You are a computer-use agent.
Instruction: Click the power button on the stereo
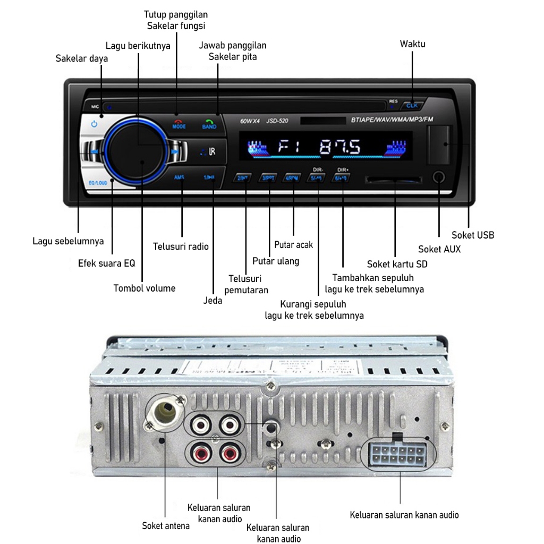(94, 124)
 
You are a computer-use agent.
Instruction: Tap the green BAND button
(209, 125)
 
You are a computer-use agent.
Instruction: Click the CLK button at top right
(412, 105)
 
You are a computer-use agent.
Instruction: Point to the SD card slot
(394, 179)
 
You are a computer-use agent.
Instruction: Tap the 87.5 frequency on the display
(340, 147)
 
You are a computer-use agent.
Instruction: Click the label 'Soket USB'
(473, 235)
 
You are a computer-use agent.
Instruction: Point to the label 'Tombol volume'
(144, 288)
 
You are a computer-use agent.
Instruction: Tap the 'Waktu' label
(413, 44)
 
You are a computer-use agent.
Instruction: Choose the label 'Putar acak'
(294, 245)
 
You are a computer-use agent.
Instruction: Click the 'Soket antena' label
(166, 526)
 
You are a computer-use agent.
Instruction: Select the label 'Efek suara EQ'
(107, 263)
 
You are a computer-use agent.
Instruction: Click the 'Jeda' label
(213, 301)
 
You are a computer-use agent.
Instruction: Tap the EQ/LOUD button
(97, 183)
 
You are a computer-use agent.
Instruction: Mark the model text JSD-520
(277, 121)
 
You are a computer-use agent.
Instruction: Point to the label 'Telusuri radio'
(181, 246)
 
